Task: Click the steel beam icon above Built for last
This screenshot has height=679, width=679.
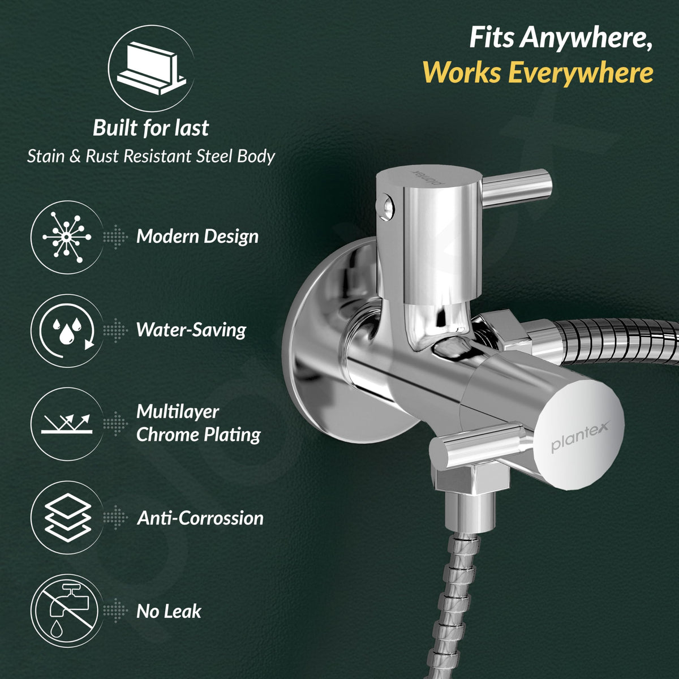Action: [x=151, y=68]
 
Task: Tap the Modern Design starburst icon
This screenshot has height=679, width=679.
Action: [x=67, y=237]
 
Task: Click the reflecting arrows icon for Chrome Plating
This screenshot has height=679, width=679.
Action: [x=67, y=424]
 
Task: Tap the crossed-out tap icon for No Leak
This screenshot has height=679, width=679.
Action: [x=67, y=611]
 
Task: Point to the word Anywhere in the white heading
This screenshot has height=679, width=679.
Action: [x=587, y=38]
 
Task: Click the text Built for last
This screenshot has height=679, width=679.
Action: [x=151, y=127]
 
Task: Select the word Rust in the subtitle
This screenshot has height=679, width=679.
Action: [x=102, y=156]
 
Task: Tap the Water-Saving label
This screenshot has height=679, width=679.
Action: [x=191, y=330]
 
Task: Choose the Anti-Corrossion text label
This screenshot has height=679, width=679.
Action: [x=200, y=518]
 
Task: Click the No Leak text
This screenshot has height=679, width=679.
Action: [x=169, y=611]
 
